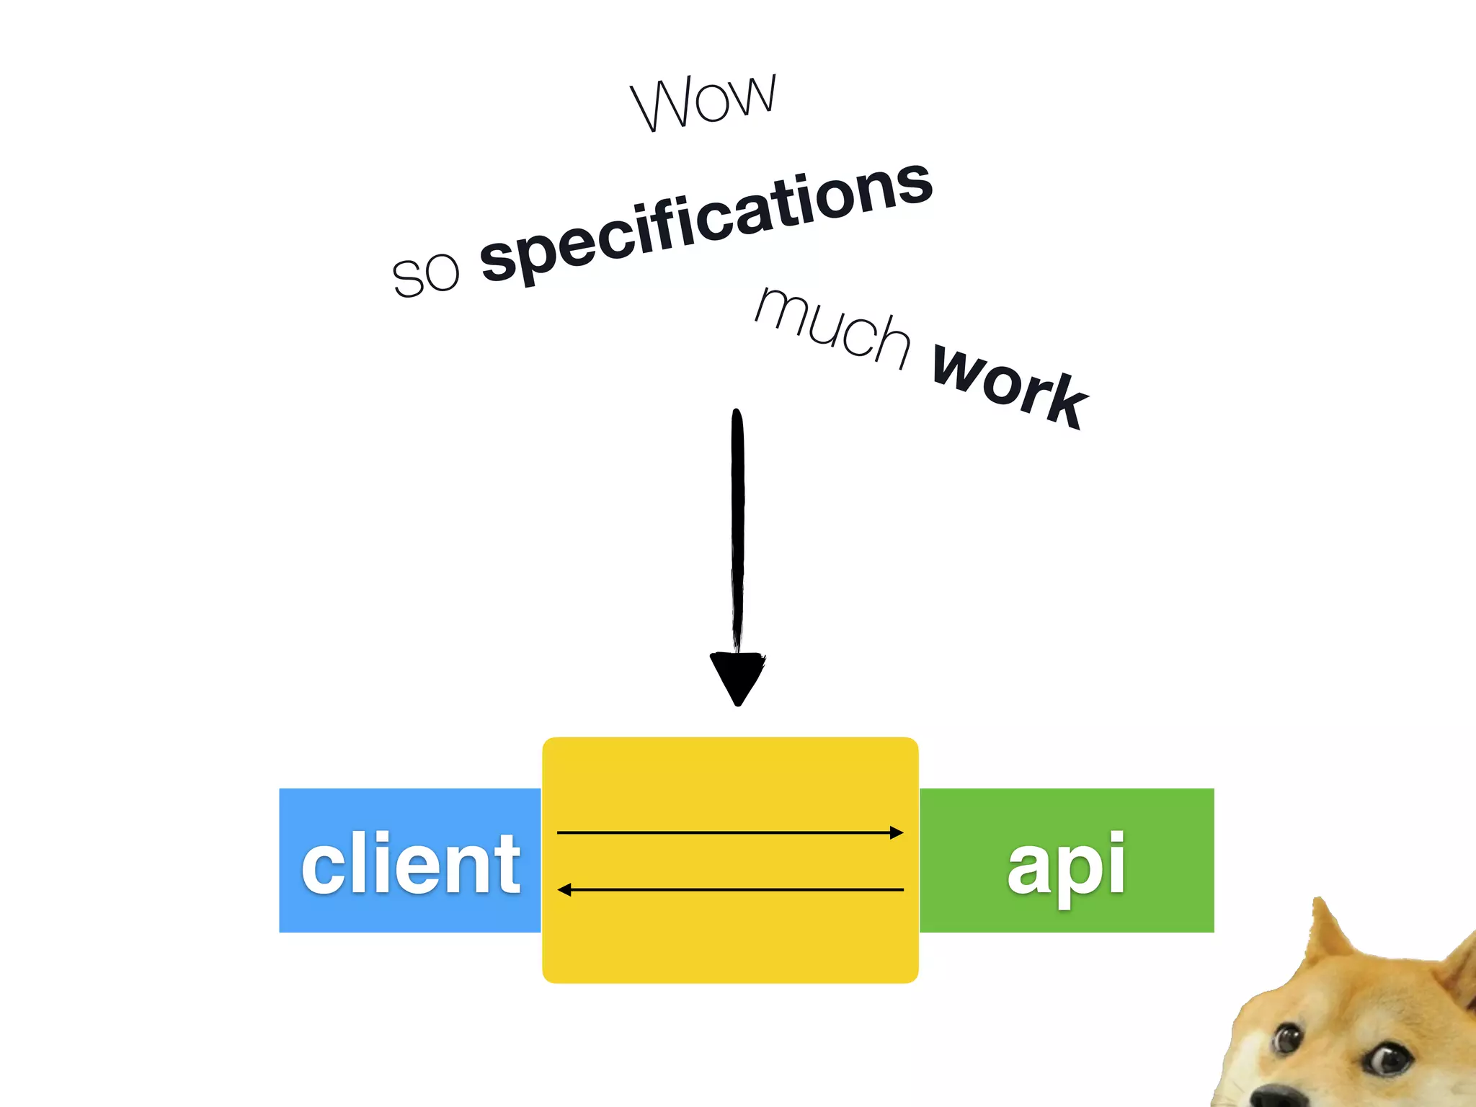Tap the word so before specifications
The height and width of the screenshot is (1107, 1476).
pos(425,274)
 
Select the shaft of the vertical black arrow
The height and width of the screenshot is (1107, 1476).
pos(737,533)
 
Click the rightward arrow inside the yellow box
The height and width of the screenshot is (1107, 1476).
pos(728,833)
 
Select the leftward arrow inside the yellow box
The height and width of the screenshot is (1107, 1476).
pos(728,890)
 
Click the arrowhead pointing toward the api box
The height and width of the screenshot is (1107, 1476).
pos(897,833)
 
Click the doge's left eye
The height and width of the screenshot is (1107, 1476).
pos(1285,1039)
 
